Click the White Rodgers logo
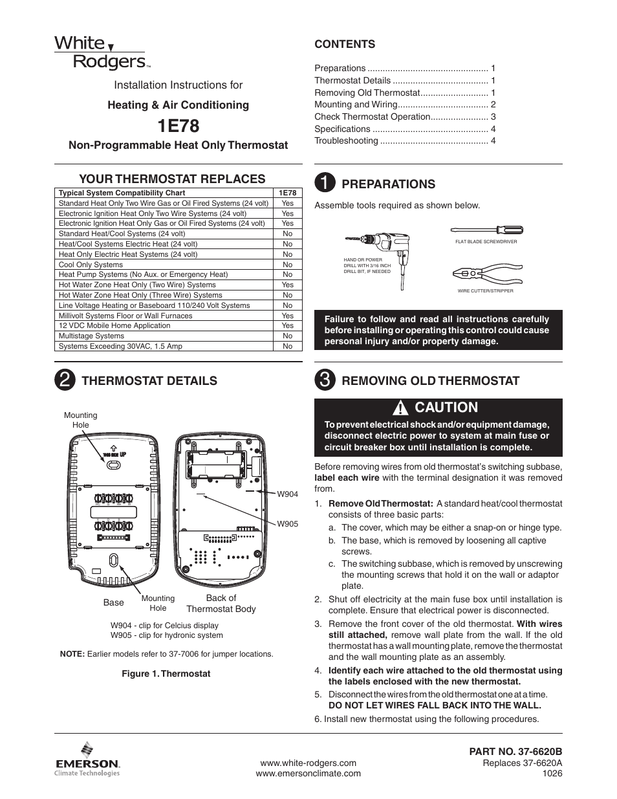pos(102,52)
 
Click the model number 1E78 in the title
pos(178,125)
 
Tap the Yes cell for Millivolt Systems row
pos(287,316)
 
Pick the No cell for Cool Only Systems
pos(287,265)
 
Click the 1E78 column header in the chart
pos(287,193)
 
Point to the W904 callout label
pos(287,494)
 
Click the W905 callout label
pos(287,524)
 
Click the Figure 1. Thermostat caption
pos(166,674)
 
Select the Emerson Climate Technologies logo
pos(87,758)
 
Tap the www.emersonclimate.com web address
pos(308,774)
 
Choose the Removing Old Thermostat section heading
pos(430,381)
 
